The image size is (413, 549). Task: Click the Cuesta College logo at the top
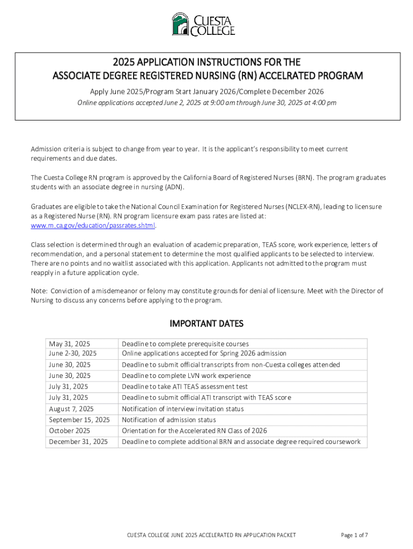tap(203, 24)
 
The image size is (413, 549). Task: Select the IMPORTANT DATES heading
tap(206, 324)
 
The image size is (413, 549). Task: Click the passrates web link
tap(93, 226)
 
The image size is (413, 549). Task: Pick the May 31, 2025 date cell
tap(69, 344)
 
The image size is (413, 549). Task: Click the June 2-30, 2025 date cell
tap(72, 353)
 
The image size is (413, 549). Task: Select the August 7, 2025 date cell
tap(71, 409)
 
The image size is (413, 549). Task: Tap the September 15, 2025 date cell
tap(79, 420)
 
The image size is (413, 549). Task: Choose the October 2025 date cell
tap(69, 431)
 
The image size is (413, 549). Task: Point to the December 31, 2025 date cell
tap(78, 442)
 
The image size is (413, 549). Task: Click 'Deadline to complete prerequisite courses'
tap(185, 344)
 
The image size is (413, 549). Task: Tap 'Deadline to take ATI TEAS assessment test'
tap(185, 387)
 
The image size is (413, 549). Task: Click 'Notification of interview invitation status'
tap(182, 409)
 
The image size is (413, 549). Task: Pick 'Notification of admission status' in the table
tap(169, 420)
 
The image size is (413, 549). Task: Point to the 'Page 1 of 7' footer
tap(354, 535)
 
